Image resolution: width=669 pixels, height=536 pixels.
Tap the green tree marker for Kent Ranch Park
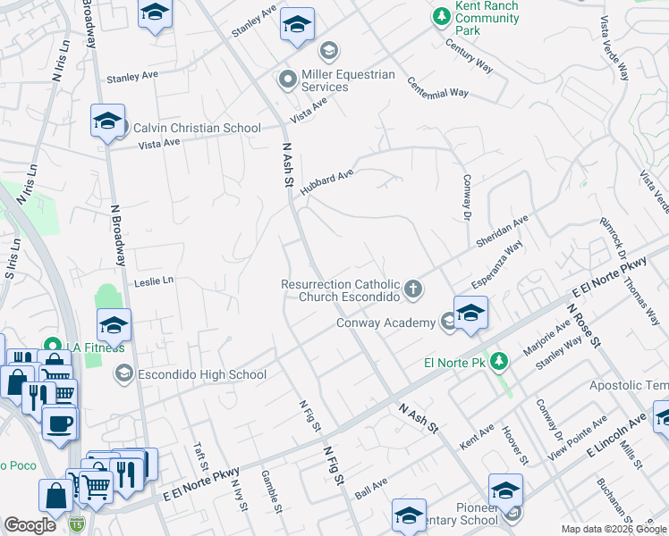[x=441, y=16]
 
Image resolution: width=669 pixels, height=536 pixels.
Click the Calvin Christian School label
[x=197, y=128]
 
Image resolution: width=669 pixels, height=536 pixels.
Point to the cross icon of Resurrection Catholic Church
[x=412, y=289]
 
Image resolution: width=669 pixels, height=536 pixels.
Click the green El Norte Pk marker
[x=500, y=362]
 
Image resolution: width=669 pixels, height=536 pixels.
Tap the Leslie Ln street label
[x=153, y=281]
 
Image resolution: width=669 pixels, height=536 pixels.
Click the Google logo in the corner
[x=30, y=525]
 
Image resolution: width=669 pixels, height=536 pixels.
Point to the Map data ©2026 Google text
[x=614, y=529]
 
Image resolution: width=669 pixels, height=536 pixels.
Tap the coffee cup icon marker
[x=61, y=424]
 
